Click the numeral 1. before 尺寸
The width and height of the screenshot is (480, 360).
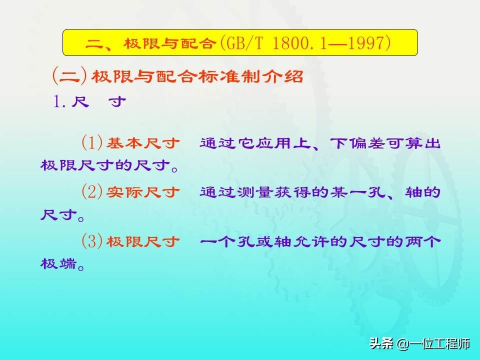[59, 101]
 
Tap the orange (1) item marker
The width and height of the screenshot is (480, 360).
[92, 142]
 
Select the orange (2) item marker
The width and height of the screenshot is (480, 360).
[92, 192]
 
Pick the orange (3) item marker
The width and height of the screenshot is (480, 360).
[92, 241]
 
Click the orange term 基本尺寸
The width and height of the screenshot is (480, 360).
[143, 143]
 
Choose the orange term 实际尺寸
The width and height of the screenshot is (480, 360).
[143, 192]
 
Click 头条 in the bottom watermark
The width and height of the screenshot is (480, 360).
[381, 343]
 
